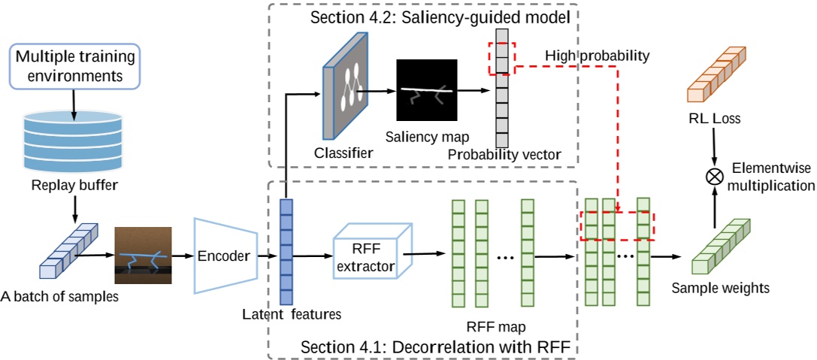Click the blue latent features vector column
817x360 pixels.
[286, 247]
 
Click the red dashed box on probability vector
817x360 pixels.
[501, 58]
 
